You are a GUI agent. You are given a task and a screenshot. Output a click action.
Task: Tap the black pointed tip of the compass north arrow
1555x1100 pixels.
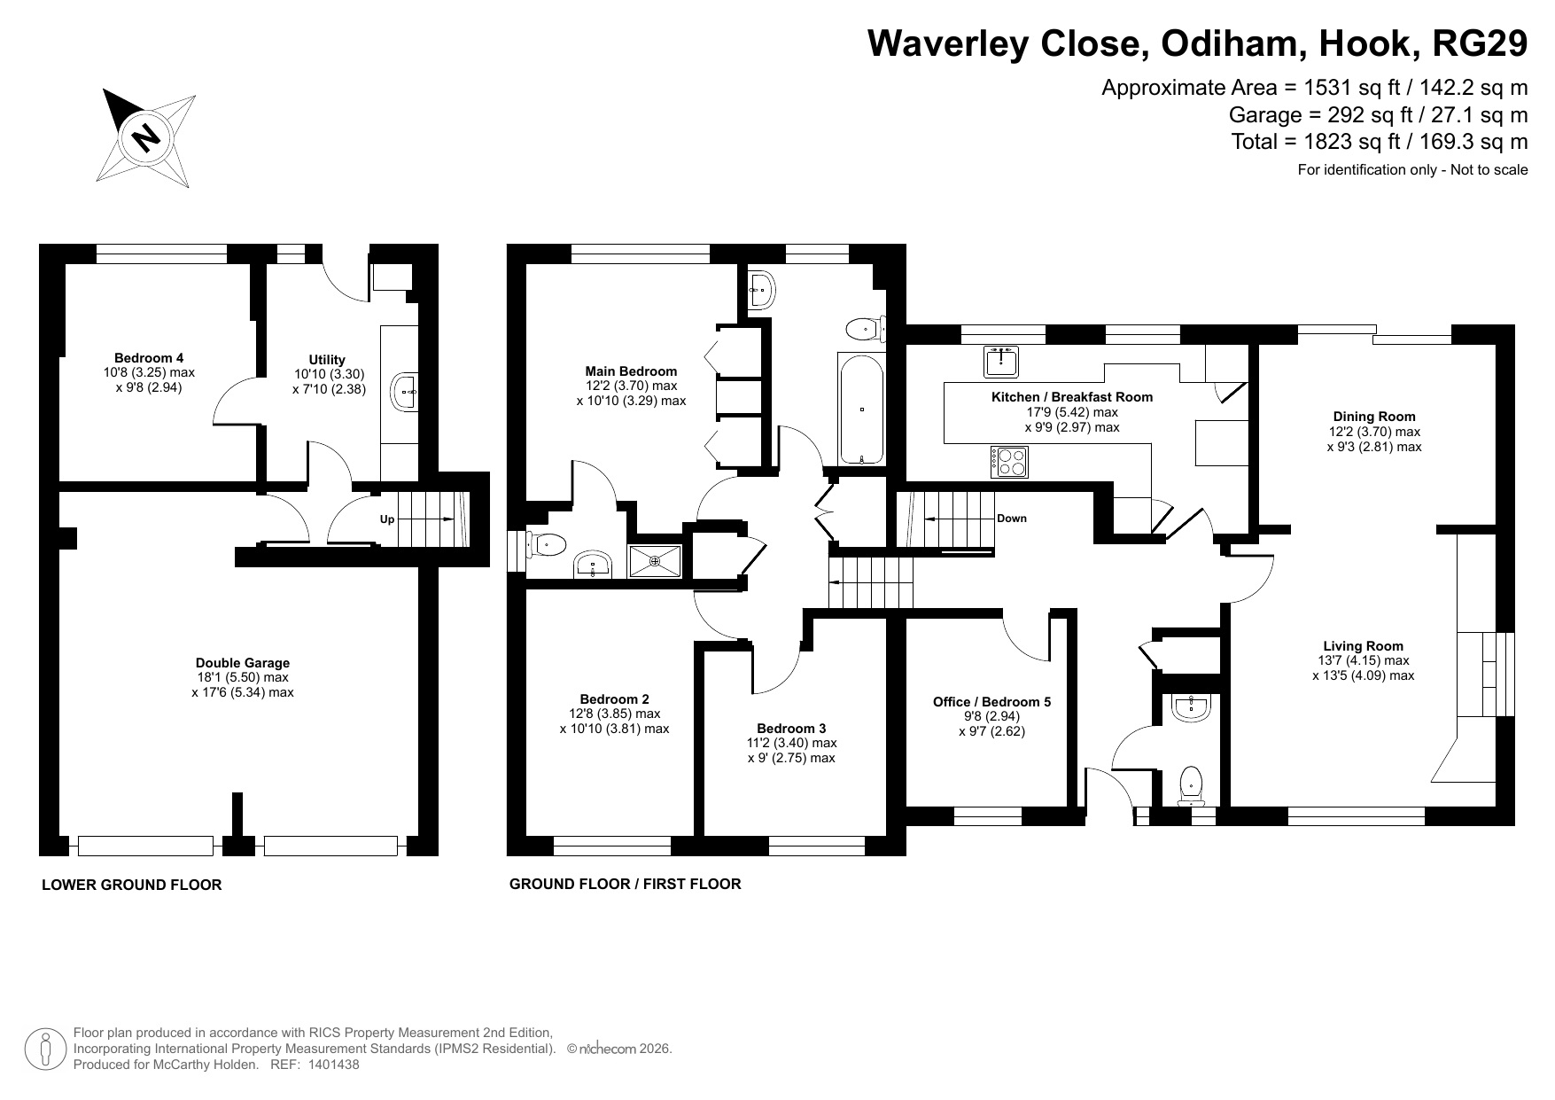(x=105, y=90)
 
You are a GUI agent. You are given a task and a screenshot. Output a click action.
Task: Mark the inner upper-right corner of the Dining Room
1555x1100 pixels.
(x=1496, y=345)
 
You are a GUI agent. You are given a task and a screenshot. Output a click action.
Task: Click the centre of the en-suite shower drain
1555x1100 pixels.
(x=655, y=560)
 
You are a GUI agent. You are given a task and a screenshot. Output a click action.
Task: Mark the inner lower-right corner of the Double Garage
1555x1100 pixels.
(x=418, y=835)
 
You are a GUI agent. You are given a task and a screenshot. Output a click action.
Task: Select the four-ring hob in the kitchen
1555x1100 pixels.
(x=1010, y=461)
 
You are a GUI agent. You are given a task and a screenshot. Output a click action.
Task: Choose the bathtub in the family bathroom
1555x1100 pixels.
(x=860, y=408)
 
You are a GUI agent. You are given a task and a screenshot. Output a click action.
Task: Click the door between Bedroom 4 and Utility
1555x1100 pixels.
(x=237, y=401)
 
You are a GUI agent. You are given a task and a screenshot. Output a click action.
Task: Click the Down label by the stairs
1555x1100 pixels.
(x=1012, y=519)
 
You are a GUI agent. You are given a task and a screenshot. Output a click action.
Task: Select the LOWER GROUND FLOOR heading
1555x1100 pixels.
(x=132, y=885)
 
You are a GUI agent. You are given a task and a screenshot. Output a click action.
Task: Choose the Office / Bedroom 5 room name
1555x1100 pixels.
(x=991, y=702)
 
